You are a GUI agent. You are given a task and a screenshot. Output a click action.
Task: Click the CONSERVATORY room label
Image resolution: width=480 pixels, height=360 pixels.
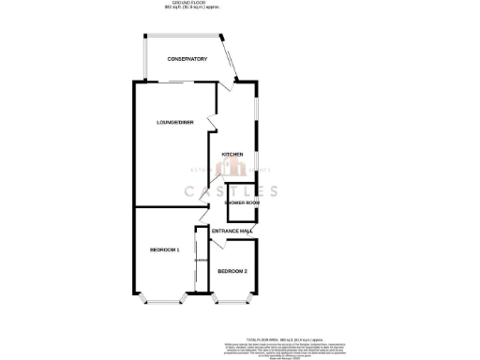tap(187, 60)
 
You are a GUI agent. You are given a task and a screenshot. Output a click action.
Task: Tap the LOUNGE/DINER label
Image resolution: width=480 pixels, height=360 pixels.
tap(175, 123)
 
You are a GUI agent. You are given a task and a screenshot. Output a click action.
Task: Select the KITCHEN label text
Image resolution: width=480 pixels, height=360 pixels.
tap(232, 154)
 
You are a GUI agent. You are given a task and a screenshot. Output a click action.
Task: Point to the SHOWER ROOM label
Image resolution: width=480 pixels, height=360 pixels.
tap(242, 202)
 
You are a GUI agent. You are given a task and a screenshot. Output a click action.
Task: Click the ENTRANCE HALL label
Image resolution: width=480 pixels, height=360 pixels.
tap(232, 231)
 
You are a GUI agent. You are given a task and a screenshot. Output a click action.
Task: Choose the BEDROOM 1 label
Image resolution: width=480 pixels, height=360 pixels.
tap(165, 250)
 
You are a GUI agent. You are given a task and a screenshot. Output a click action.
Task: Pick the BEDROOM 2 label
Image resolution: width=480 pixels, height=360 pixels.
tap(232, 271)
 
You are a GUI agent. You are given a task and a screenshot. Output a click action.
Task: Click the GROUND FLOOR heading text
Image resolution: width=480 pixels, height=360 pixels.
tap(239, 5)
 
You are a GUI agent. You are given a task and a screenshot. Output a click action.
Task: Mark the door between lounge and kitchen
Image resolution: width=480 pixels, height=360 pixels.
tap(212, 127)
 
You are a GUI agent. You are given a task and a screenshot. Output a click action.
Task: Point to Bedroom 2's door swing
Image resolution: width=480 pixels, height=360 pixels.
tap(217, 246)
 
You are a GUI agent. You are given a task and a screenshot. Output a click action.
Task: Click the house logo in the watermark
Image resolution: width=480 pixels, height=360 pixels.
tap(231, 169)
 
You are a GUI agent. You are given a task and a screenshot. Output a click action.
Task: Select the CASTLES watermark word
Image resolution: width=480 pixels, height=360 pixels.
tap(231, 191)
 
